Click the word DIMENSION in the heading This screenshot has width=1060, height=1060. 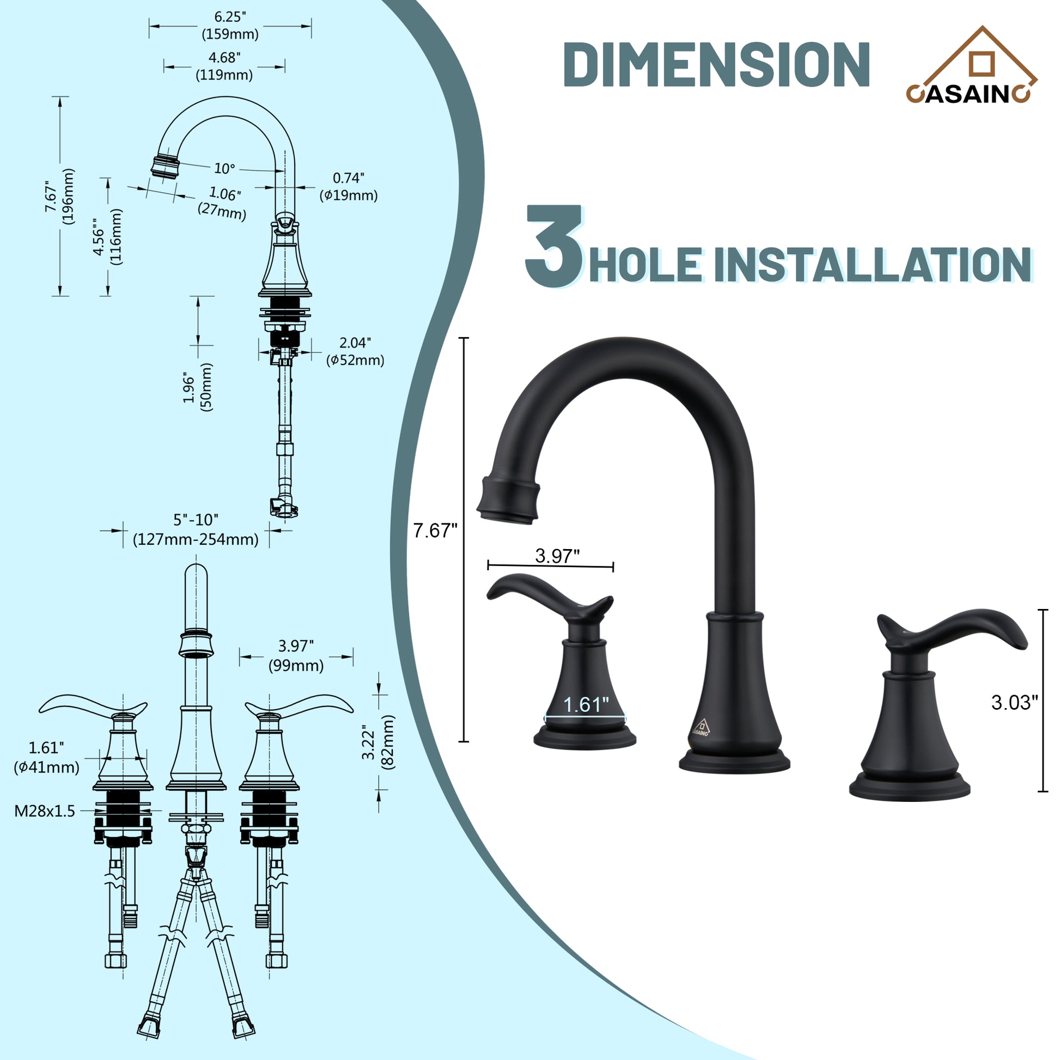point(716,65)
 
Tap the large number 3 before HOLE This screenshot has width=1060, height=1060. point(553,246)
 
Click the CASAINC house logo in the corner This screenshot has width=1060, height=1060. point(971,66)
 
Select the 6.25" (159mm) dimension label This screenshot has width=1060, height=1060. point(230,26)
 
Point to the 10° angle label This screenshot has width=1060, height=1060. point(224,168)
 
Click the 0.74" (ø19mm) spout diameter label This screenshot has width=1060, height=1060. point(349,186)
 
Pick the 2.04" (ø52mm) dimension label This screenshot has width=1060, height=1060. point(355,351)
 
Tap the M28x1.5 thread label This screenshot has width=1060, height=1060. point(45,811)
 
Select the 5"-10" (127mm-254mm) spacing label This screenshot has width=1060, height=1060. point(196,529)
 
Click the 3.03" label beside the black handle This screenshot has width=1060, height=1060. point(1014,703)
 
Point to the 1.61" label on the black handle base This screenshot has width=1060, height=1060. point(586,705)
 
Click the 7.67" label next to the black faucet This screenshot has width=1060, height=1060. point(435,531)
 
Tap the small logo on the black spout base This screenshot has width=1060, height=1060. point(700,727)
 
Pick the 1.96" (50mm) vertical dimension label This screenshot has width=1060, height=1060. point(198,386)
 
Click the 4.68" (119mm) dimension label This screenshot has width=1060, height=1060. point(224,66)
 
